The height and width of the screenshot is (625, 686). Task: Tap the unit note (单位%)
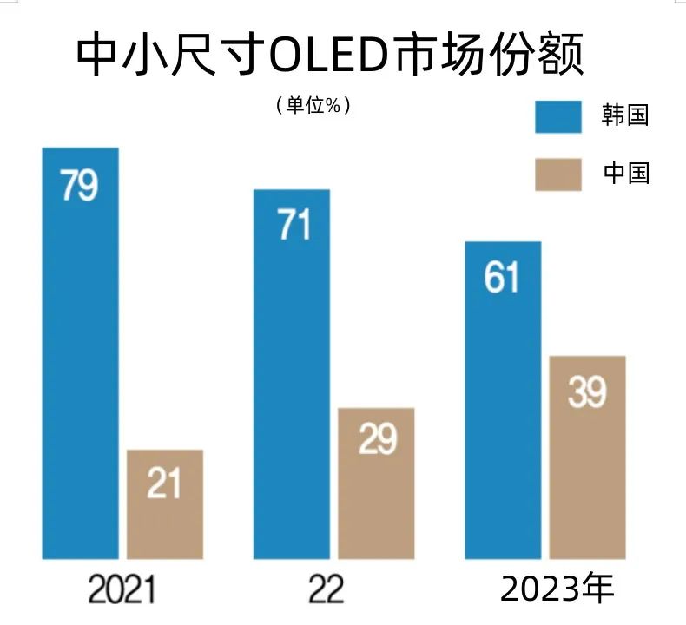[313, 105]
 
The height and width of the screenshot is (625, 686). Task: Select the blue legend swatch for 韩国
[557, 115]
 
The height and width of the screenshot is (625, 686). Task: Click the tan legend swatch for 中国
[557, 174]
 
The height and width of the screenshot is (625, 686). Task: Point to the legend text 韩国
[625, 115]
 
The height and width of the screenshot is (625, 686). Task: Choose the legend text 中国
[625, 174]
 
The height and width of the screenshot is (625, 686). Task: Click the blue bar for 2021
[80, 365]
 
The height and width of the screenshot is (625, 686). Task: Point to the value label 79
[79, 187]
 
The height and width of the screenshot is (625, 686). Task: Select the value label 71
[293, 226]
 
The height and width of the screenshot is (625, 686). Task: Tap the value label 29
[377, 440]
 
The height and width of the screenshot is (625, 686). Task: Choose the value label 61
[502, 278]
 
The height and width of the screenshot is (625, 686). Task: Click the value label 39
[587, 392]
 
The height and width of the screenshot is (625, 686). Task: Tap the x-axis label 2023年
[557, 589]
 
